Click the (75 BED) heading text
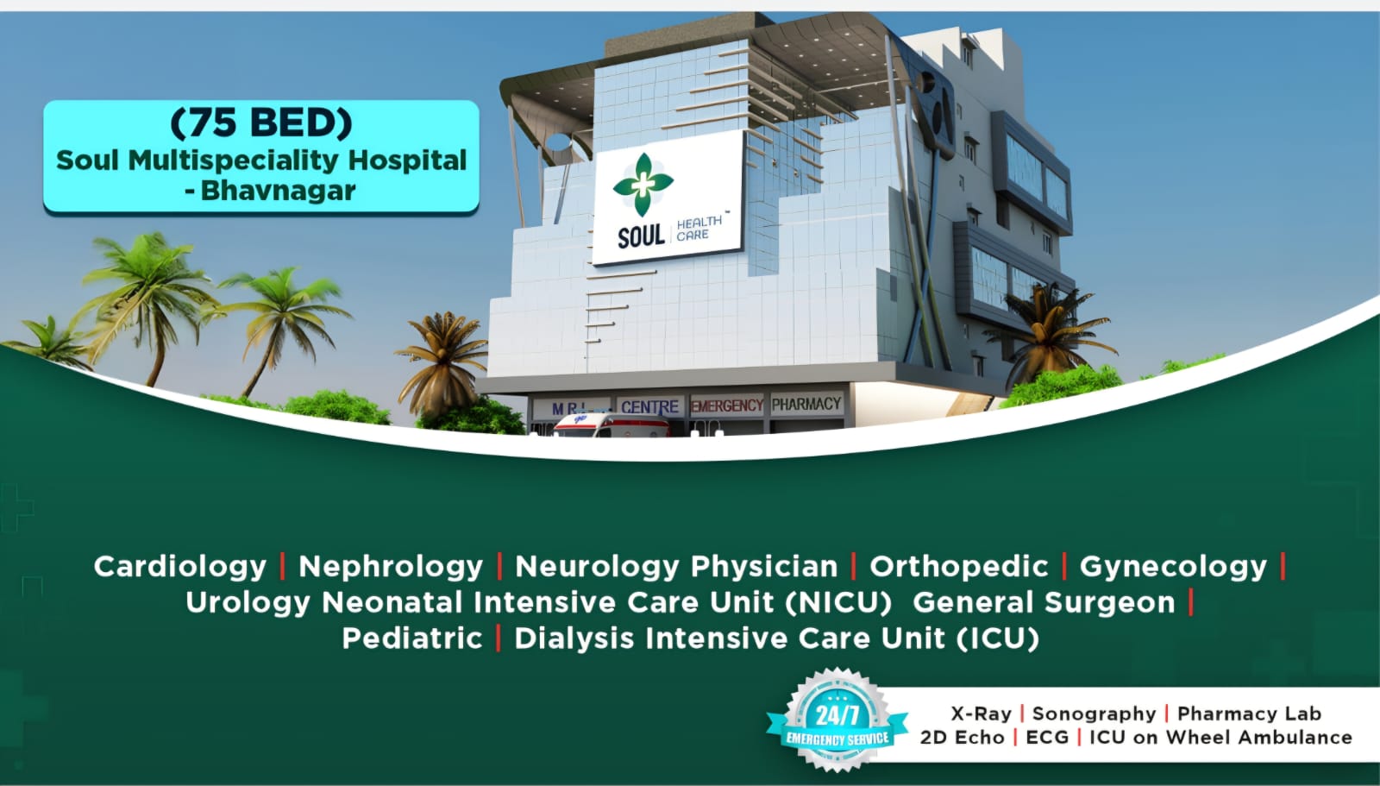(261, 123)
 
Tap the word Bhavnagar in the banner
(278, 191)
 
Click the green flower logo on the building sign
(643, 185)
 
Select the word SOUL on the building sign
(641, 236)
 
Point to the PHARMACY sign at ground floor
(806, 404)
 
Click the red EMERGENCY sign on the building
(727, 406)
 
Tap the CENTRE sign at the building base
(649, 407)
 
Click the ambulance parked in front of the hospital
(610, 424)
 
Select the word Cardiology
(180, 567)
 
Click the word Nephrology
(391, 567)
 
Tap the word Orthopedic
(958, 567)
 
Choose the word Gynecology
(1173, 567)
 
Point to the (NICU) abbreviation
(838, 602)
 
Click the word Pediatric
(412, 638)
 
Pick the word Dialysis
(574, 638)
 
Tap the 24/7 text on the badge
(837, 715)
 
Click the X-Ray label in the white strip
(981, 714)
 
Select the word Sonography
(1095, 714)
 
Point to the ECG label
(1047, 738)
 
